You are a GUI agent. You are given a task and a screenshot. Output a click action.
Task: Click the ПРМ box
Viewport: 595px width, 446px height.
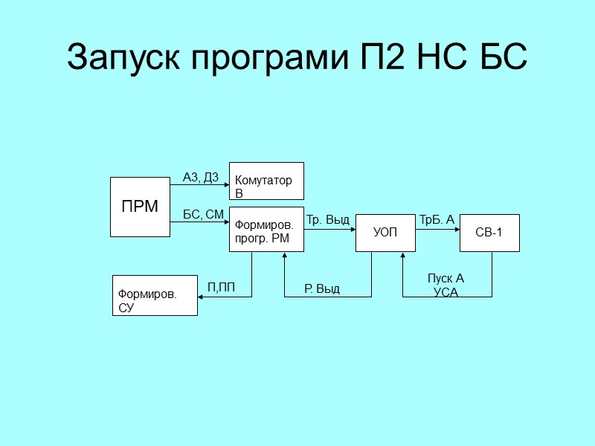click(x=140, y=207)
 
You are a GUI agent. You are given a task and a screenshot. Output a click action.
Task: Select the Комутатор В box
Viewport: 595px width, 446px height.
click(x=266, y=181)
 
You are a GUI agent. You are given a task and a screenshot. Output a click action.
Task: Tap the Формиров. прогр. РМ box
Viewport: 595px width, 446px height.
click(x=266, y=230)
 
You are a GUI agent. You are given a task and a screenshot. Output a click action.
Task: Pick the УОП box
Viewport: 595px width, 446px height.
click(x=385, y=233)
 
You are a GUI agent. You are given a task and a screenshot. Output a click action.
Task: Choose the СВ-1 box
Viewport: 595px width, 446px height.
click(x=489, y=233)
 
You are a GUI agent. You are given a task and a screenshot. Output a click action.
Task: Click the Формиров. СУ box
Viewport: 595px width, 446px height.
click(x=155, y=295)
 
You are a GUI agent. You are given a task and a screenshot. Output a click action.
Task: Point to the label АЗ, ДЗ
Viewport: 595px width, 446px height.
click(x=200, y=177)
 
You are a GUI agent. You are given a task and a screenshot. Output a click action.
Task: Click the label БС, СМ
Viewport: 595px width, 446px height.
click(x=203, y=215)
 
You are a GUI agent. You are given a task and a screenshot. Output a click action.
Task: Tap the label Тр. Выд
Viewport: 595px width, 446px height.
click(x=328, y=220)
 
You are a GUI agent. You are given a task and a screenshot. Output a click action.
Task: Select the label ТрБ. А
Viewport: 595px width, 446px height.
click(x=437, y=220)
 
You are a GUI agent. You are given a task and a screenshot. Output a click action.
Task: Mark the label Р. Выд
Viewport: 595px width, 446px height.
click(x=322, y=288)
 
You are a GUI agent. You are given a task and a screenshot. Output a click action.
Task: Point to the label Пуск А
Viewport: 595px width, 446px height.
click(x=446, y=279)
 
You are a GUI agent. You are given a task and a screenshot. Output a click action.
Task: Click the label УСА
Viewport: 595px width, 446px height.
click(x=446, y=292)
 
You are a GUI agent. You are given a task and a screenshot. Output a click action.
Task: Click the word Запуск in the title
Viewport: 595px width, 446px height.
click(x=125, y=58)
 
